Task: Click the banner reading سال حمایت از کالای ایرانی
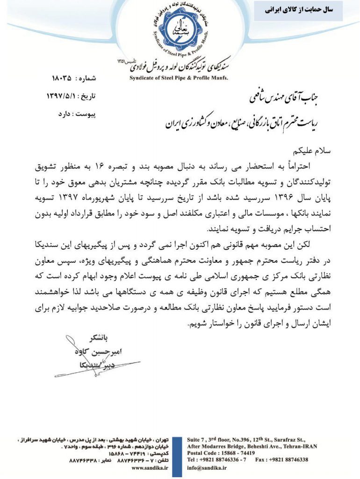pyautogui.click(x=298, y=10)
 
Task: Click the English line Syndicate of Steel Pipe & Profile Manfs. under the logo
pyautogui.click(x=179, y=78)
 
